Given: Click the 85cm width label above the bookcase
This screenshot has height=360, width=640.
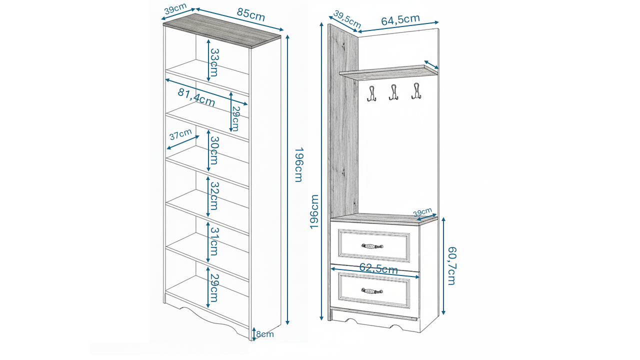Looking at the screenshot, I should click(251, 15).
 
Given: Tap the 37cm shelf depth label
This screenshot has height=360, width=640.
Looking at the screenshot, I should click(180, 135).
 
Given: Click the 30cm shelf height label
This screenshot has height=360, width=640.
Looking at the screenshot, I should click(214, 150).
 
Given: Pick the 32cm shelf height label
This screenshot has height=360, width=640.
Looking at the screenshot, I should click(214, 195).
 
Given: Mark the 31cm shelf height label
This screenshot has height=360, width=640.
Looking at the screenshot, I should click(214, 241).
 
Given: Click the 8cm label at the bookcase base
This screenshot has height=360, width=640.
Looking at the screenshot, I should click(265, 334).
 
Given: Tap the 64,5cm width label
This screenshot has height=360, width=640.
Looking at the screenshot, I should click(400, 20).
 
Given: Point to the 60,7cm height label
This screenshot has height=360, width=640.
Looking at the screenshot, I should click(451, 265).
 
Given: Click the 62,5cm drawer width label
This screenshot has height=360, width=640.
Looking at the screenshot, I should click(378, 268).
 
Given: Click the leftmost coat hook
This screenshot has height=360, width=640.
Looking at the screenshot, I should click(371, 93).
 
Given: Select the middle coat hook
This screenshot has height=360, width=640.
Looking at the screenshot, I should click(393, 92).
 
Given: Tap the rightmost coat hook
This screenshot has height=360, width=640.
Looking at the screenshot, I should click(416, 91).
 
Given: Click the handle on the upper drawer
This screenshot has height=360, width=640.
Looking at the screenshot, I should click(372, 246).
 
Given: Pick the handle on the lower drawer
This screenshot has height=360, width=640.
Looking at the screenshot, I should click(372, 291).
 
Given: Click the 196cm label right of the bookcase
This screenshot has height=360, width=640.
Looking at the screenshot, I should click(298, 165).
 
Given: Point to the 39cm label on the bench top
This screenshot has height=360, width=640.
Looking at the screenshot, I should click(423, 212).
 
